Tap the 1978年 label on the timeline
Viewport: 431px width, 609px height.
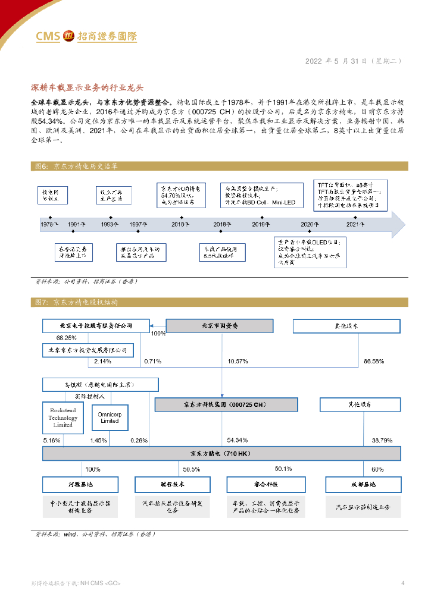pyautogui.click(x=49, y=224)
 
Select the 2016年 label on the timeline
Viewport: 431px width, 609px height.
pyautogui.click(x=180, y=224)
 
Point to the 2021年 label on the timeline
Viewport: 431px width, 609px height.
pyautogui.click(x=355, y=224)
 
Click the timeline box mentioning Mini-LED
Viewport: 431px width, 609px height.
pyautogui.click(x=261, y=195)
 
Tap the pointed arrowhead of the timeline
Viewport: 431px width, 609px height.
pyautogui.click(x=398, y=224)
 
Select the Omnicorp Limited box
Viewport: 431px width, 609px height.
pyautogui.click(x=110, y=417)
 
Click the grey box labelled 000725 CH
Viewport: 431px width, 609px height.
pyautogui.click(x=226, y=405)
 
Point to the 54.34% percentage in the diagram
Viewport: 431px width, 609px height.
pyautogui.click(x=237, y=440)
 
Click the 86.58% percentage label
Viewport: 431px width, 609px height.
pyautogui.click(x=374, y=361)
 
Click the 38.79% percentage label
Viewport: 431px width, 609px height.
pyautogui.click(x=382, y=440)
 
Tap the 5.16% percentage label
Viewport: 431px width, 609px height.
pyautogui.click(x=52, y=440)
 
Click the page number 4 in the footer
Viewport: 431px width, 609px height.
pyautogui.click(x=403, y=583)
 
